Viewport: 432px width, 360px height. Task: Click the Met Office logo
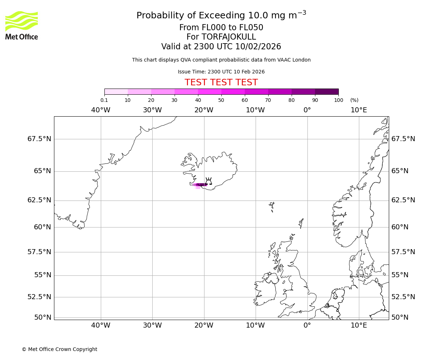[22, 25]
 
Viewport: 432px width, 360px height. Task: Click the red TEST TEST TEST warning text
[221, 82]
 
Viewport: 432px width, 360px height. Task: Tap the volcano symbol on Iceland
[208, 181]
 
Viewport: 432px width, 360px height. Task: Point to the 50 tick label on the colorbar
[221, 100]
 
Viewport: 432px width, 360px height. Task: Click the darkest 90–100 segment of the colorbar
[327, 91]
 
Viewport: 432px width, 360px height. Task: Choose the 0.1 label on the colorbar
[104, 100]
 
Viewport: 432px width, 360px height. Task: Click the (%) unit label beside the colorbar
[354, 100]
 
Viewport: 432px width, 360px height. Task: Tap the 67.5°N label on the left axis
[39, 139]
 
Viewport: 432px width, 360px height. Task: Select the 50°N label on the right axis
[400, 318]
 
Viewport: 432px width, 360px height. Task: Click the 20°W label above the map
[204, 110]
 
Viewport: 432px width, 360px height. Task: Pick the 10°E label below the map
[359, 325]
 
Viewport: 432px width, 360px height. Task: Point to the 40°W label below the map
[100, 325]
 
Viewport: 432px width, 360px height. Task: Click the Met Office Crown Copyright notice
[59, 349]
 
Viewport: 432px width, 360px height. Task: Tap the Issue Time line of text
[221, 72]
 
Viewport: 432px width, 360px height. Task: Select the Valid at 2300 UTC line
[221, 47]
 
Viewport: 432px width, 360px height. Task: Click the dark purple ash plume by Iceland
[202, 185]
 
